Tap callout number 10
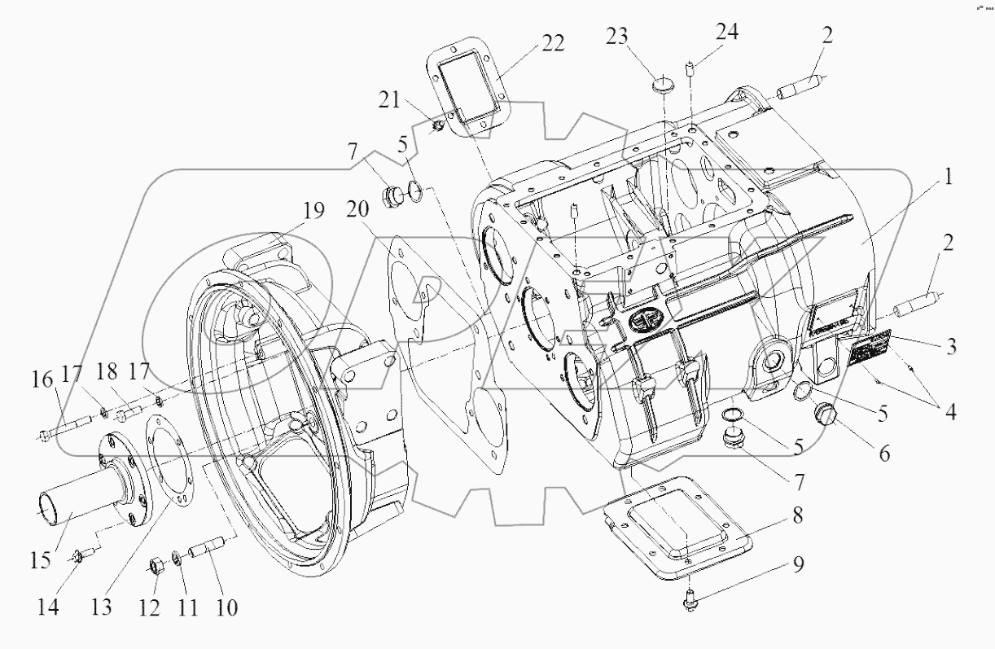click(x=226, y=607)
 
